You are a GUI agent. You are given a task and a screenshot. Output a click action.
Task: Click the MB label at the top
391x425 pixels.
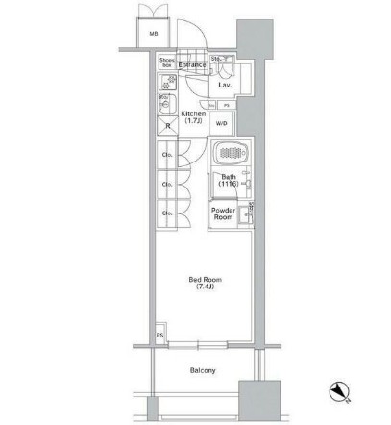point(154,36)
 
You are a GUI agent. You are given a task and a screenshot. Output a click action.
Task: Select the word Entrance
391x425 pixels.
point(192,65)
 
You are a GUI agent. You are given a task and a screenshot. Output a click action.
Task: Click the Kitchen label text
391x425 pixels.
point(191,116)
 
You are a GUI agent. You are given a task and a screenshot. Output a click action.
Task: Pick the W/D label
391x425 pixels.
point(221,123)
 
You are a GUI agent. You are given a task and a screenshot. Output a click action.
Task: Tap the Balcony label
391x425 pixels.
point(202,370)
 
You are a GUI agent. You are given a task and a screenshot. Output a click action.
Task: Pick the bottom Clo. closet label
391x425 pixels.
point(166,213)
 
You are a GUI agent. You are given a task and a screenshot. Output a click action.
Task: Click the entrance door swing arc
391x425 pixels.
point(200,53)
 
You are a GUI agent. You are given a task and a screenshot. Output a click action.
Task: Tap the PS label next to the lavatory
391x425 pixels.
point(226,104)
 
